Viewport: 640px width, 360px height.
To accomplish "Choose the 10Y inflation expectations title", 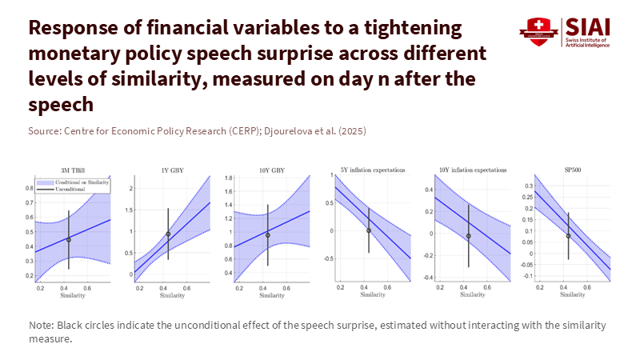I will point(468,170).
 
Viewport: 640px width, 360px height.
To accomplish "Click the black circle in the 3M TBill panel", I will point(69,239).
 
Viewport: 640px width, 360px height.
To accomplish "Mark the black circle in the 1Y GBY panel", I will point(168,234).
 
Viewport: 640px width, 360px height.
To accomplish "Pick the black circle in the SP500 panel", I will point(568,236).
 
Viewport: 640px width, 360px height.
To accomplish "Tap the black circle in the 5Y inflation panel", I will point(369,230).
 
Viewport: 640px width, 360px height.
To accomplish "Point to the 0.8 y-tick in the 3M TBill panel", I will point(29,188).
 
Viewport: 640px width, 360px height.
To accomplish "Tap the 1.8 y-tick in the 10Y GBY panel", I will point(228,178).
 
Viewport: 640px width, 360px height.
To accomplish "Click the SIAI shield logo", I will point(537,30).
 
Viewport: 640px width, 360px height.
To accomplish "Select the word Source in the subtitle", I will point(44,130).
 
